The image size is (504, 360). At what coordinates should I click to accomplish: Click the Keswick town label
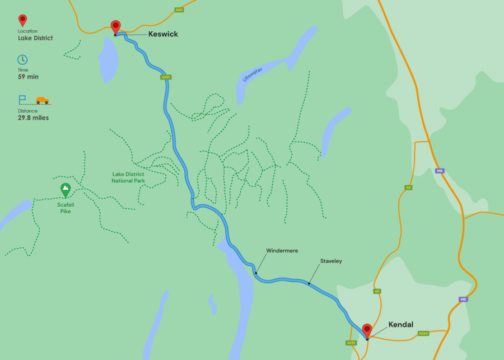(163, 34)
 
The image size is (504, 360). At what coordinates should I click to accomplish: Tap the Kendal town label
(401, 325)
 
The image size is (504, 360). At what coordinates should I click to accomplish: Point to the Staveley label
(331, 261)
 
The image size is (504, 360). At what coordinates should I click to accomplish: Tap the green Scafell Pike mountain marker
(66, 190)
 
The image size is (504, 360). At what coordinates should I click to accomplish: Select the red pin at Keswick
(115, 26)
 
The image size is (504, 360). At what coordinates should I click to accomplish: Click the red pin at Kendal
(367, 330)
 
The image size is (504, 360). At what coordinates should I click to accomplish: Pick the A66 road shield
(179, 10)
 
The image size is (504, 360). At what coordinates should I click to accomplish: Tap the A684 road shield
(423, 334)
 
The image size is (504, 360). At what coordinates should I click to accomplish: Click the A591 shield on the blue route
(165, 77)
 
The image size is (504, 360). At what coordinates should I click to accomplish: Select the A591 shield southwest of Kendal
(351, 343)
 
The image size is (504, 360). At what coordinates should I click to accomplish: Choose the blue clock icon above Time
(22, 59)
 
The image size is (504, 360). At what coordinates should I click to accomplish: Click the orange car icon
(43, 100)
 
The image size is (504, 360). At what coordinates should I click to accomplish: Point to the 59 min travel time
(28, 77)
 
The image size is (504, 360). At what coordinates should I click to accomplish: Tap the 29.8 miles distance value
(33, 118)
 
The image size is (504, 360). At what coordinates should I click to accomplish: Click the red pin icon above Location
(22, 20)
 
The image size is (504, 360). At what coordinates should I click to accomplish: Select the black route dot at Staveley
(309, 283)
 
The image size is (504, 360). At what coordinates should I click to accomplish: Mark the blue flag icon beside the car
(22, 100)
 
